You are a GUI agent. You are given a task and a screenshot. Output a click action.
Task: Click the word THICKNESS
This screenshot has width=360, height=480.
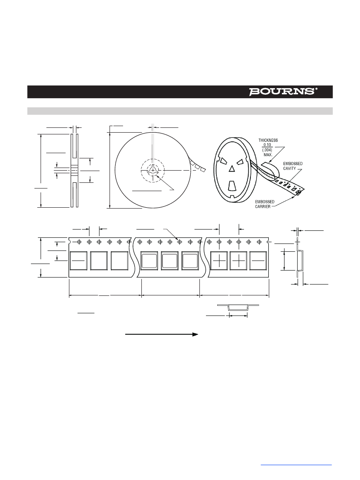268,140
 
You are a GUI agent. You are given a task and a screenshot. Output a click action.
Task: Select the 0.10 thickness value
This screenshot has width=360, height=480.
267,145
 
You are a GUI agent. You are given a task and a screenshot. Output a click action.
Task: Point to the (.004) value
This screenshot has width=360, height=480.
267,150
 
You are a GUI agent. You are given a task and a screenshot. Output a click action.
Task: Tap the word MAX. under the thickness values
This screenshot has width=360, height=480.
268,155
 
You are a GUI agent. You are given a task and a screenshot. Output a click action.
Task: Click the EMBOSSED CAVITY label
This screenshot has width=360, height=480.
293,166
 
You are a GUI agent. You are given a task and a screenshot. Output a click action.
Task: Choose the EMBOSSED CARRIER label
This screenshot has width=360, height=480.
265,204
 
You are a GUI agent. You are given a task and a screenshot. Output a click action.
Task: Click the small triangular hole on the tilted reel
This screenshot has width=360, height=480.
232,169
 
